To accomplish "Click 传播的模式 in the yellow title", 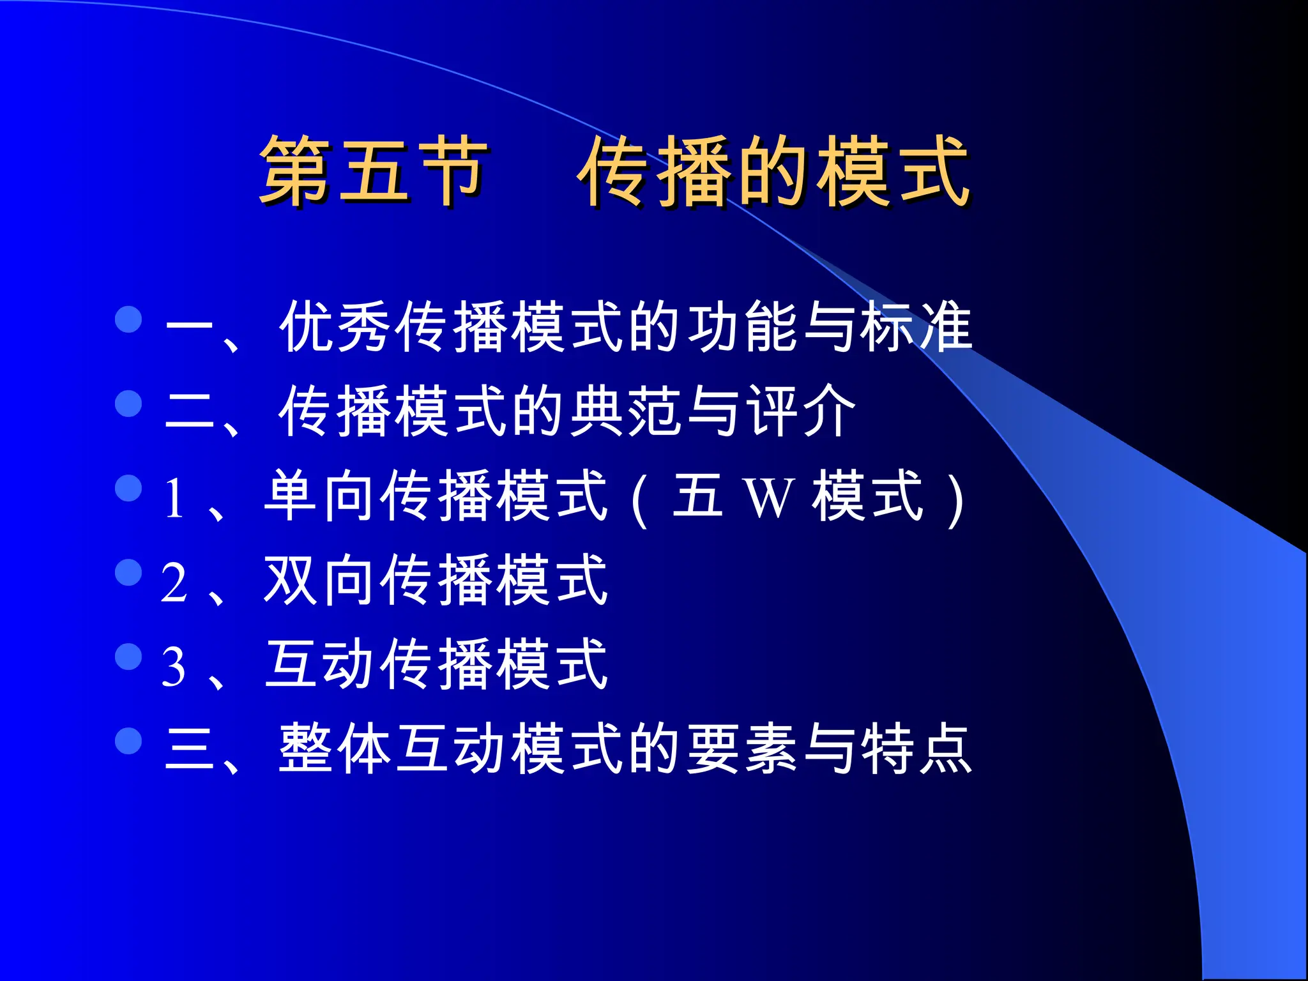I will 774,171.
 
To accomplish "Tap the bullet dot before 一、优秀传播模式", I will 128,319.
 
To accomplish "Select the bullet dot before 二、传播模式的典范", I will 128,404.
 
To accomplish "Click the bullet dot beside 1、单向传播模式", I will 128,488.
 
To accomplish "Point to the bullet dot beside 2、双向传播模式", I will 128,572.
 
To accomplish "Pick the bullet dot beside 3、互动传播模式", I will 128,657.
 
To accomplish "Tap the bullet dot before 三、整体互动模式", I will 128,741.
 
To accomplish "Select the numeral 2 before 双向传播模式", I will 174,582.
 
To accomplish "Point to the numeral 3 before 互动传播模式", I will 174,667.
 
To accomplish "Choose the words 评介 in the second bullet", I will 801,411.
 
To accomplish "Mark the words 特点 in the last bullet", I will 916,749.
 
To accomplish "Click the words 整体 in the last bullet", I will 335,749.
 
